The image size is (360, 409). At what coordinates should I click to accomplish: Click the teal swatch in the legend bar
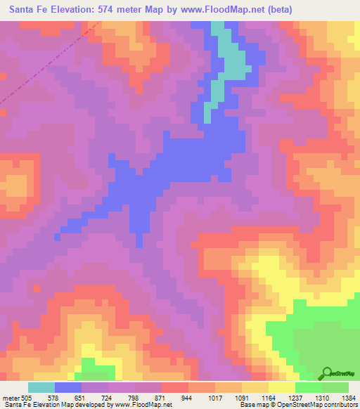click(41, 387)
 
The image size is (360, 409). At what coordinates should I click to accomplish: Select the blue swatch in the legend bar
click(68, 387)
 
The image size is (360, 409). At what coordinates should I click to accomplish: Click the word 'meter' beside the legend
click(10, 396)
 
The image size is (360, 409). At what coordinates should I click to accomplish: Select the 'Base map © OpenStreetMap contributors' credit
click(297, 405)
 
